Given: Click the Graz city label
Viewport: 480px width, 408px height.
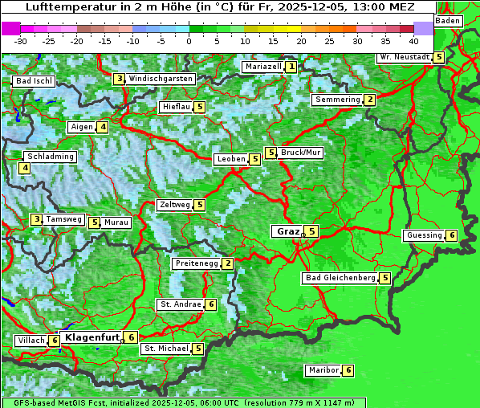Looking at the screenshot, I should click(x=288, y=231).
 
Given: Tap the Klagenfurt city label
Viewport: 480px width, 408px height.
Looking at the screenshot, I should click(x=92, y=337).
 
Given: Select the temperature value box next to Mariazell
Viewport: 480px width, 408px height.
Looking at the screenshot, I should click(x=291, y=67).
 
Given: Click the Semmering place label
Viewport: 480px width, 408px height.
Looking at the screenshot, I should click(x=337, y=100).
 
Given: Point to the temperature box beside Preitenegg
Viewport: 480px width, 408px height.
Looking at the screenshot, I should click(x=228, y=263).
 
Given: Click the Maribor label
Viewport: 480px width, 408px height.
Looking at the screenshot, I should click(x=322, y=370).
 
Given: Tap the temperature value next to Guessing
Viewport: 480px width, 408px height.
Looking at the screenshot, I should click(x=452, y=235).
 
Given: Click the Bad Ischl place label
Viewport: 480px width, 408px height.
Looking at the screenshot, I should click(x=35, y=81).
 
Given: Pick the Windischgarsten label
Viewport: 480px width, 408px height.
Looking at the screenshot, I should click(x=161, y=79).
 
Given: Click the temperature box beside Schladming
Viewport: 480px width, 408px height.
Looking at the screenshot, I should click(x=25, y=168).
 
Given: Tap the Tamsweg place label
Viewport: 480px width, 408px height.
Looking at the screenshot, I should click(x=63, y=219).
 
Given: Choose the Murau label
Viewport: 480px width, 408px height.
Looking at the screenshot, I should click(x=116, y=222).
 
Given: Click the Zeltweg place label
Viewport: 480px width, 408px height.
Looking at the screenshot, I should click(x=175, y=205).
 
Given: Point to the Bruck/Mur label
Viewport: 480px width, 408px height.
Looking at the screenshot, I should click(x=301, y=153).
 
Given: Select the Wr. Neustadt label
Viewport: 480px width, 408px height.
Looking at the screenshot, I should click(x=405, y=57).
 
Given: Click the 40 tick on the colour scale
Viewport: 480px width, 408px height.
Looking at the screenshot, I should click(x=413, y=41).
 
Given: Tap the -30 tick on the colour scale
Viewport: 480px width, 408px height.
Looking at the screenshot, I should click(x=21, y=41).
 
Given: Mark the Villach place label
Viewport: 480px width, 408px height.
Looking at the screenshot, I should click(x=31, y=341).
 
